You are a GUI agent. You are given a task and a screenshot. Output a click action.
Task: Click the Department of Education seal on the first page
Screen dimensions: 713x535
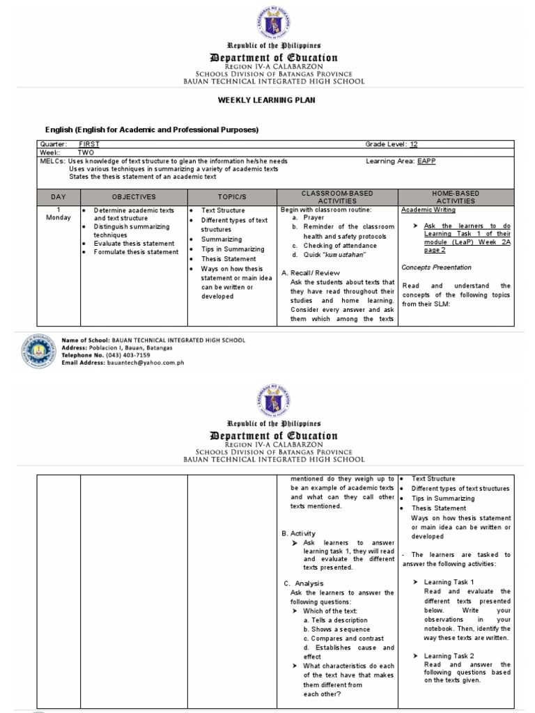pyautogui.click(x=268, y=20)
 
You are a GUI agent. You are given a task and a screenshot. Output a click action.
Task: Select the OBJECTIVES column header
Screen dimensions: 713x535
pyautogui.click(x=134, y=197)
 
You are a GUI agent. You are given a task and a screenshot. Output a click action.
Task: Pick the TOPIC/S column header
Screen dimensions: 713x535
pyautogui.click(x=232, y=197)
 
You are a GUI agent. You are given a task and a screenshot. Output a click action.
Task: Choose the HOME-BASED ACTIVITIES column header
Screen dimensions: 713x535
pyautogui.click(x=456, y=197)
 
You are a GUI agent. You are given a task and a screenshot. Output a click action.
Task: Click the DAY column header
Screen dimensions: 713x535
pyautogui.click(x=59, y=197)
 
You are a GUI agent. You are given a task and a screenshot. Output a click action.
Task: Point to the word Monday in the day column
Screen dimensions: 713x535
pyautogui.click(x=59, y=218)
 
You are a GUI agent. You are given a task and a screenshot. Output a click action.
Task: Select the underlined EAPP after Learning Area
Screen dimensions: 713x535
pyautogui.click(x=426, y=160)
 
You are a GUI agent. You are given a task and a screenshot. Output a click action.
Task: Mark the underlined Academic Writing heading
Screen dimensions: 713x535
pyautogui.click(x=428, y=210)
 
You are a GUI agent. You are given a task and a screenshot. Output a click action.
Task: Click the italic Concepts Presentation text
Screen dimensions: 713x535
pyautogui.click(x=436, y=267)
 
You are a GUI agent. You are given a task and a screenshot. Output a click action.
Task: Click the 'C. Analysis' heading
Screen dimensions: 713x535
pyautogui.click(x=303, y=583)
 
